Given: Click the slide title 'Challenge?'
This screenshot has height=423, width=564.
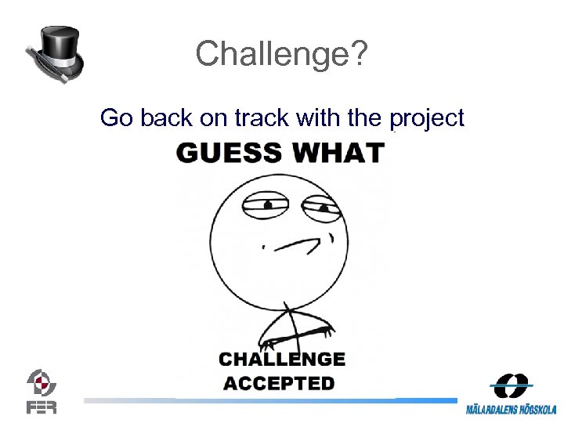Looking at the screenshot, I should coord(281,54).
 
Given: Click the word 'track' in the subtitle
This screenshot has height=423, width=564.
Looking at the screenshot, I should coord(264,118).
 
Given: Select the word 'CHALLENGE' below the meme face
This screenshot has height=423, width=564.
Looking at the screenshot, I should coord(282,360).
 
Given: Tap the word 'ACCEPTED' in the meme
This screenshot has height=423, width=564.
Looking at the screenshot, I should coord(279,384).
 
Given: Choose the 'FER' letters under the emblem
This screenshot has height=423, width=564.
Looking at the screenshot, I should coord(41,407).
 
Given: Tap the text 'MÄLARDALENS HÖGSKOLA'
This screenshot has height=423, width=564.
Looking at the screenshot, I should coord(511,410).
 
